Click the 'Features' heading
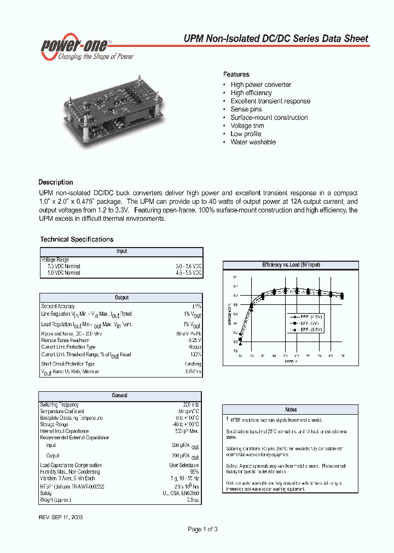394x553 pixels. point(236,74)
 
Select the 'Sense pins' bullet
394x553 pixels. point(246,109)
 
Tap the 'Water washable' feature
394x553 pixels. point(253,142)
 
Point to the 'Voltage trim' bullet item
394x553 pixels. point(247,126)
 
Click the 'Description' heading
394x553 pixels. point(55,182)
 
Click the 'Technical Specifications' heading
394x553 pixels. point(77,239)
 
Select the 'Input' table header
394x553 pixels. point(121,251)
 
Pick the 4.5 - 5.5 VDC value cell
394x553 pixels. point(188,273)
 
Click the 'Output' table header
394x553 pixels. point(121,298)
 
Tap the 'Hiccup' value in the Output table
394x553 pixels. point(194,347)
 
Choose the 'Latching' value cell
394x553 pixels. point(193,364)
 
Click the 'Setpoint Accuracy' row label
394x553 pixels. point(58,307)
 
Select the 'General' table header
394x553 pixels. point(119,396)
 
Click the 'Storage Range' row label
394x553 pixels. point(54,425)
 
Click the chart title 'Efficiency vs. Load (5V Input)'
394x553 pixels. point(291,265)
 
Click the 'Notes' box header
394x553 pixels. point(291,409)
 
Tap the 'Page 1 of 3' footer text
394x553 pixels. point(203,529)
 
